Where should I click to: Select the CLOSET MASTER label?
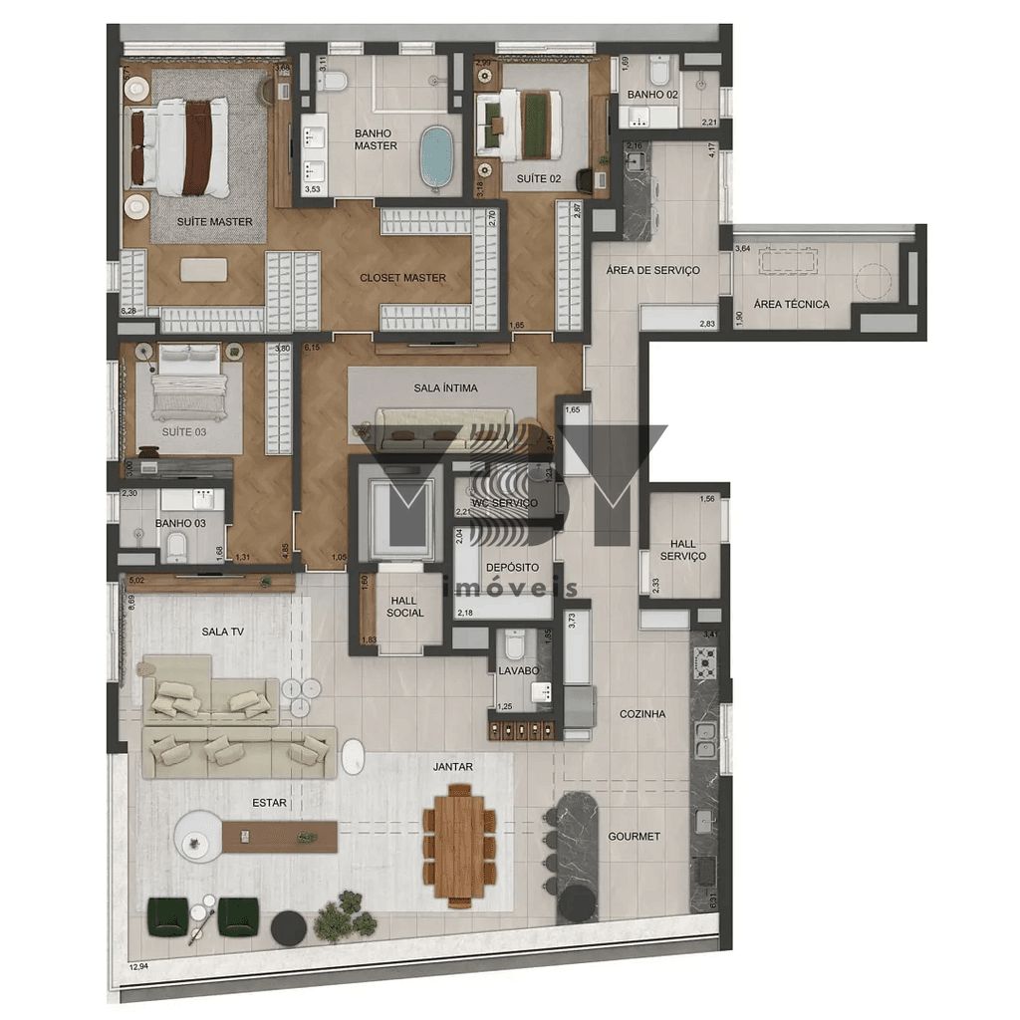coord(403,278)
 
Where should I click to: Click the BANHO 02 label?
coord(652,96)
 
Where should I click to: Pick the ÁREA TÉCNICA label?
coord(791,305)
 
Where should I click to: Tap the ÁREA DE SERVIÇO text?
coord(653,270)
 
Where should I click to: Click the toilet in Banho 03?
coord(177,545)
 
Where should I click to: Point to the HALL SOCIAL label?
coord(405,606)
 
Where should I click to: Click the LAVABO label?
coord(519,671)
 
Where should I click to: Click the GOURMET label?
coord(635,837)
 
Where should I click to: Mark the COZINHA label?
coord(642,714)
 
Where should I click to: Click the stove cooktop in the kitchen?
coord(705,662)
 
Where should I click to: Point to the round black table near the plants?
coord(289,927)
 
